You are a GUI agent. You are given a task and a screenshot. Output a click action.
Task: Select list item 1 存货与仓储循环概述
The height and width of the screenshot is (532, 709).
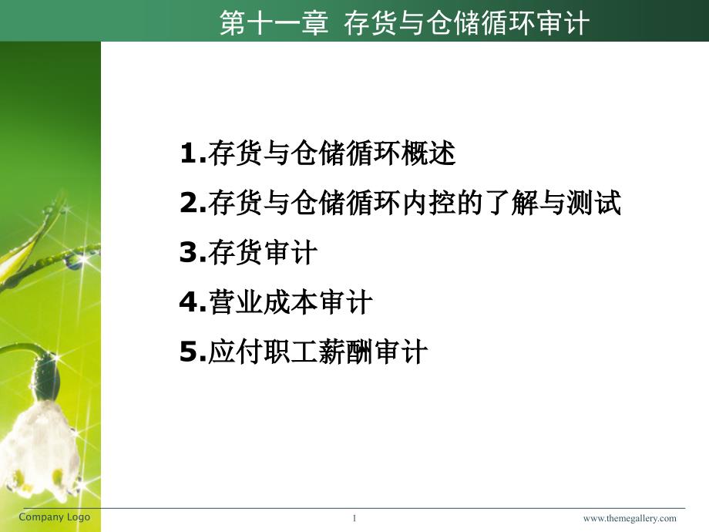(x=318, y=153)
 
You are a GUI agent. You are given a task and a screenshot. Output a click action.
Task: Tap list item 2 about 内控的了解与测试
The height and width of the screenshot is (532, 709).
(x=400, y=203)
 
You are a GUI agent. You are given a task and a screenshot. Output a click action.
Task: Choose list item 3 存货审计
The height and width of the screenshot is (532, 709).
(x=248, y=252)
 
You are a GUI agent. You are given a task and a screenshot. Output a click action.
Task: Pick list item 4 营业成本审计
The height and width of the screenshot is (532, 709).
(x=276, y=302)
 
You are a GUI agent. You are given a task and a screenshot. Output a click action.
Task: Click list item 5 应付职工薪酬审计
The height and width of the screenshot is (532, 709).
(x=304, y=352)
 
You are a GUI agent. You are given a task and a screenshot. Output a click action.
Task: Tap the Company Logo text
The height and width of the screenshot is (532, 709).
(x=54, y=517)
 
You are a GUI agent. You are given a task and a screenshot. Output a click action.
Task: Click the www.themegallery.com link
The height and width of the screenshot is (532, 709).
(x=630, y=518)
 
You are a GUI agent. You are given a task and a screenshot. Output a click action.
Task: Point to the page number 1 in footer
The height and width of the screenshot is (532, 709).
(x=354, y=518)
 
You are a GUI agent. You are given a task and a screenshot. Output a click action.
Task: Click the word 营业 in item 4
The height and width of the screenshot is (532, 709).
(x=236, y=302)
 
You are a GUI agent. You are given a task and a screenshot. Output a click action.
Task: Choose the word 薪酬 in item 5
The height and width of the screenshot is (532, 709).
(x=346, y=352)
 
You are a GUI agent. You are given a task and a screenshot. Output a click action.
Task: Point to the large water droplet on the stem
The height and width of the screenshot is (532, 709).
(x=73, y=261)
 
